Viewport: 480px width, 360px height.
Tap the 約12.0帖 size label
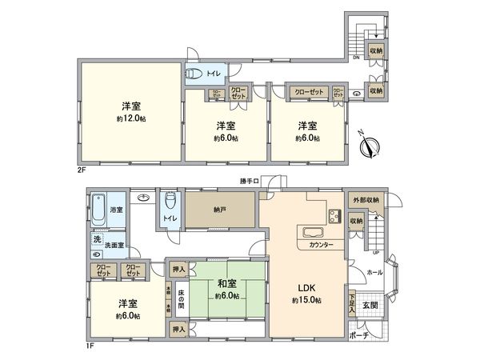[x=132, y=118]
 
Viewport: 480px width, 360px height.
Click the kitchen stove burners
[x=333, y=217]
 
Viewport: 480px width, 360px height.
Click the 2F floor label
[x=82, y=170]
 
